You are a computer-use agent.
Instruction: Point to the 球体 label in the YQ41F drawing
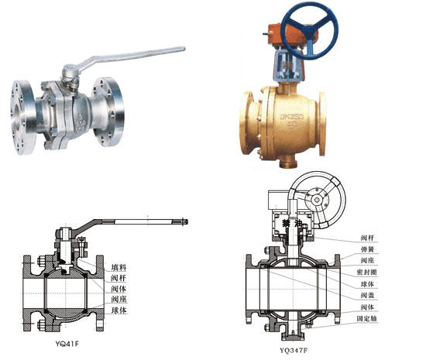click(119, 310)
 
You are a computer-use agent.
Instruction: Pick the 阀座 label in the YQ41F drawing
click(119, 299)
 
